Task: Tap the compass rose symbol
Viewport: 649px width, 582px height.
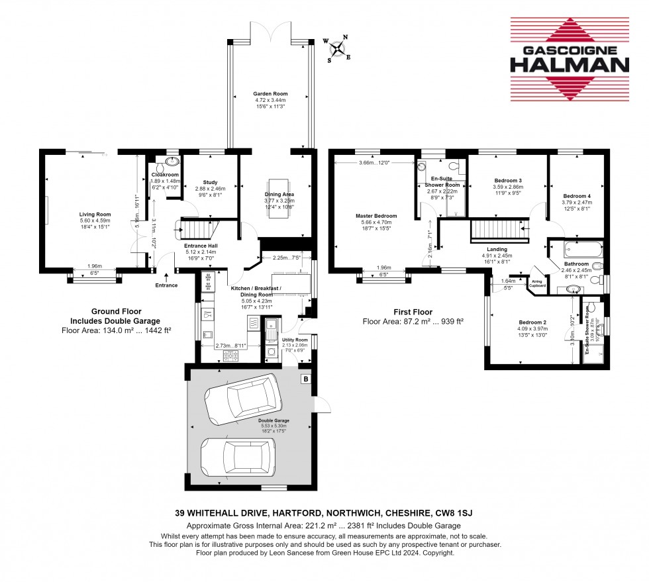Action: (338, 48)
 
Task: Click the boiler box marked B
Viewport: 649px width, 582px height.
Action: (305, 379)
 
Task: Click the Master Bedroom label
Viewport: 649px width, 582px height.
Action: (380, 216)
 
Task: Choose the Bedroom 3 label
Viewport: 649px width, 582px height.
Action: (508, 180)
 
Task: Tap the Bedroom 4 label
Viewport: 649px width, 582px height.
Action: (577, 196)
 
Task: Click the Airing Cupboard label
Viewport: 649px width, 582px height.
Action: (538, 283)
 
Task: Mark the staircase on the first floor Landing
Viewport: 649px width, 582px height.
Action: (497, 232)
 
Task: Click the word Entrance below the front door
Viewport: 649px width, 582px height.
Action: (166, 285)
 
